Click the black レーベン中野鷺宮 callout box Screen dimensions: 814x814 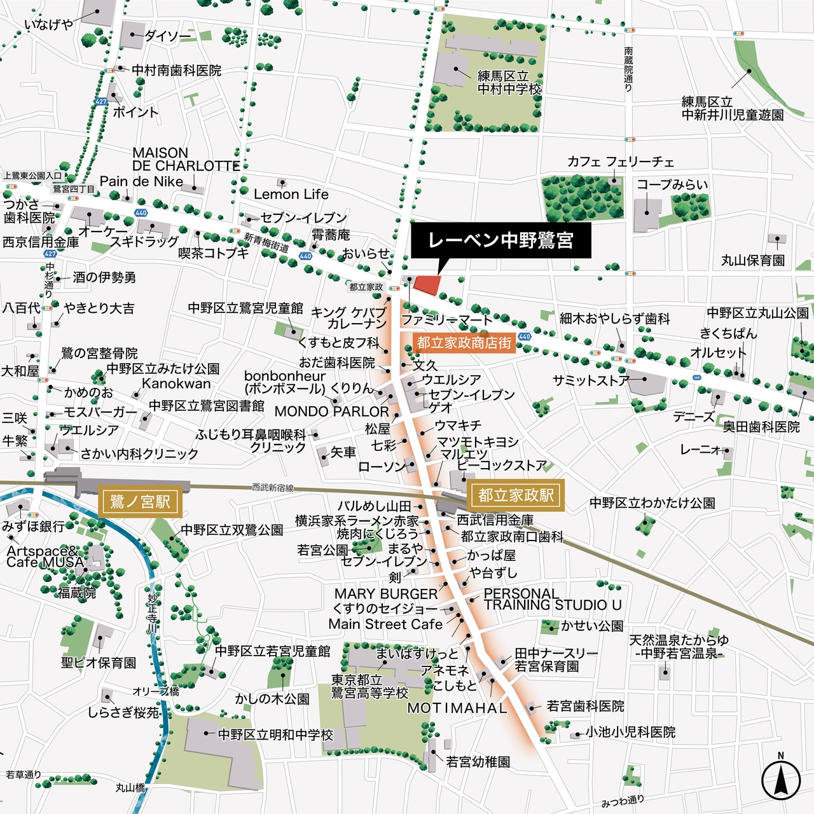point(500,240)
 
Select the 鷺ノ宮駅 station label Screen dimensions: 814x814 point(141,502)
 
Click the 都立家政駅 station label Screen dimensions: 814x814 point(516,495)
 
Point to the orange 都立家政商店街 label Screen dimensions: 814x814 point(464,343)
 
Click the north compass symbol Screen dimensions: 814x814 point(780,780)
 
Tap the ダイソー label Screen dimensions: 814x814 point(167,36)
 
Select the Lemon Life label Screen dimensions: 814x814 point(291,194)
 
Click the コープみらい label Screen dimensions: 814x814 point(672,184)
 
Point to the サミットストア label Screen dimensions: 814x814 point(591,380)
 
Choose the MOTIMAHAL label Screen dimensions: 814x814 point(457,708)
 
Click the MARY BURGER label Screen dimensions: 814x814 point(386,593)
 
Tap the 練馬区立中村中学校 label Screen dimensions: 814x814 point(509,83)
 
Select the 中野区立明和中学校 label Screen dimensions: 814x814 point(275,735)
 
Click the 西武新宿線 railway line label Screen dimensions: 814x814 point(273,488)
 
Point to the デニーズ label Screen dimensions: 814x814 point(694,417)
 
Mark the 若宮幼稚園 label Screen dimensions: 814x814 point(478,761)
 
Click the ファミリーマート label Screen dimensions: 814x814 point(446,319)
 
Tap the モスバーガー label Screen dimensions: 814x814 point(100,412)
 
